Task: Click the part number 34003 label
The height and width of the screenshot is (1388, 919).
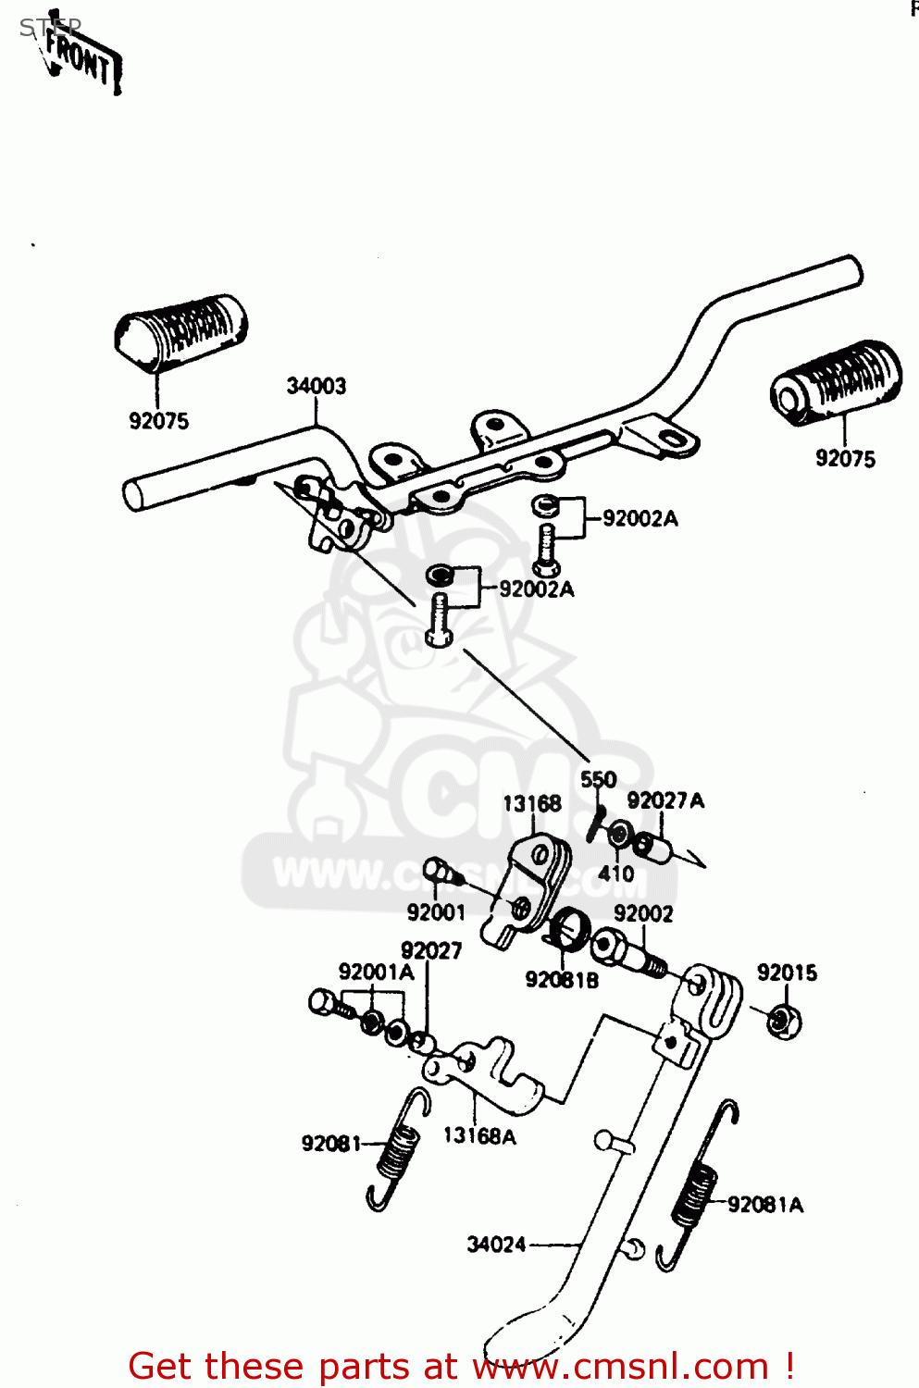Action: (316, 386)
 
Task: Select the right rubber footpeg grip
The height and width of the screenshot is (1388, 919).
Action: (836, 380)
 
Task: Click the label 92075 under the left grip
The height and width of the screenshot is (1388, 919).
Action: (158, 422)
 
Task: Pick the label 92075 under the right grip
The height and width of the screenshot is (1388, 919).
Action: (844, 459)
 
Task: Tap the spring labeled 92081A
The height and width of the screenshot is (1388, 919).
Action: (696, 1194)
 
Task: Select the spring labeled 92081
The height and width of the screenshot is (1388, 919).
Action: (398, 1152)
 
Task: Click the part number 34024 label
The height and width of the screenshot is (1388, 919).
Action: (496, 1245)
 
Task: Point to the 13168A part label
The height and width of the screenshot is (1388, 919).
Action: (478, 1136)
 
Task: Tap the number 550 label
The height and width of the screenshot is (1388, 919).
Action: (598, 779)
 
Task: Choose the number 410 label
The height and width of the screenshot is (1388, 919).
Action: (615, 874)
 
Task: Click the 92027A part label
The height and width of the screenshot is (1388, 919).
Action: (664, 800)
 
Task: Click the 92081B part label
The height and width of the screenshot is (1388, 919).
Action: (561, 980)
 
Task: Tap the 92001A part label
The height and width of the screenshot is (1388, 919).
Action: (376, 973)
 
